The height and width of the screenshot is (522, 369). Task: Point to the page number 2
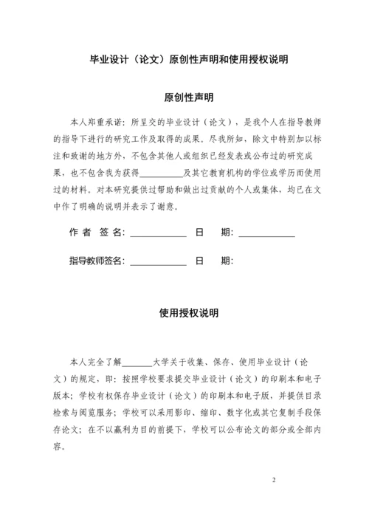click(274, 481)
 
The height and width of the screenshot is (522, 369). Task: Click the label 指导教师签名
click(97, 261)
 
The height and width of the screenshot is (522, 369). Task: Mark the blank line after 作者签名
click(158, 233)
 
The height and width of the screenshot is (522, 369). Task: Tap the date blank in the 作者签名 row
click(266, 233)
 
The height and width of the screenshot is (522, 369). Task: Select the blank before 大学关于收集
click(136, 363)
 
